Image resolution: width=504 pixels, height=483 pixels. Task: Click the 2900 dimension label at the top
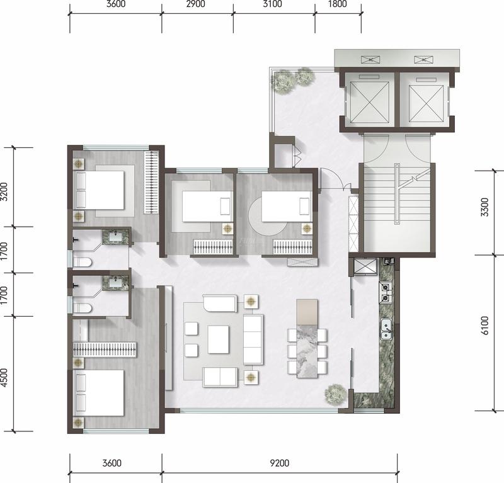point(196,4)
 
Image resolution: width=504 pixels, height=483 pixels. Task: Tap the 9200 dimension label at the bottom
point(279,463)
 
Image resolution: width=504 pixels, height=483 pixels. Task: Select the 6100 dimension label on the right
point(484,326)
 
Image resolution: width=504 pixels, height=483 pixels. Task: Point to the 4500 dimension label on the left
point(4,378)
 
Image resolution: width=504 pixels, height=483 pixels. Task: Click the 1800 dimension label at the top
point(338,4)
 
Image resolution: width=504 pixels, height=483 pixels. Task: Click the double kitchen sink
point(386,329)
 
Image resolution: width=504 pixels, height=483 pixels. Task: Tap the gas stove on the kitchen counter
point(385,292)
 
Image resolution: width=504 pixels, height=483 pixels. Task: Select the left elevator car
point(370,102)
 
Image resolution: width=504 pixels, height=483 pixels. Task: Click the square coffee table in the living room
point(218,339)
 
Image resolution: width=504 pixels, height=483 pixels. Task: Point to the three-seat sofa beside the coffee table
point(253,339)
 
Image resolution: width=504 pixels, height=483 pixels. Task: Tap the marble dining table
point(307,351)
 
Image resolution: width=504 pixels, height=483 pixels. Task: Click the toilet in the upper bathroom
point(83,262)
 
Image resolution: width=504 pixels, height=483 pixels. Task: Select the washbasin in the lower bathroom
point(115,283)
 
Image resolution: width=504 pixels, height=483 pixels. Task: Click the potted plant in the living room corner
point(336,394)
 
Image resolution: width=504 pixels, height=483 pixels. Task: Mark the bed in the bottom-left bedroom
point(99,393)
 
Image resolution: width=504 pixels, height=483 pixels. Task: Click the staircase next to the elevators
point(397,209)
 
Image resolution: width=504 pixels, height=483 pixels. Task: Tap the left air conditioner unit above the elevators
point(370,59)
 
